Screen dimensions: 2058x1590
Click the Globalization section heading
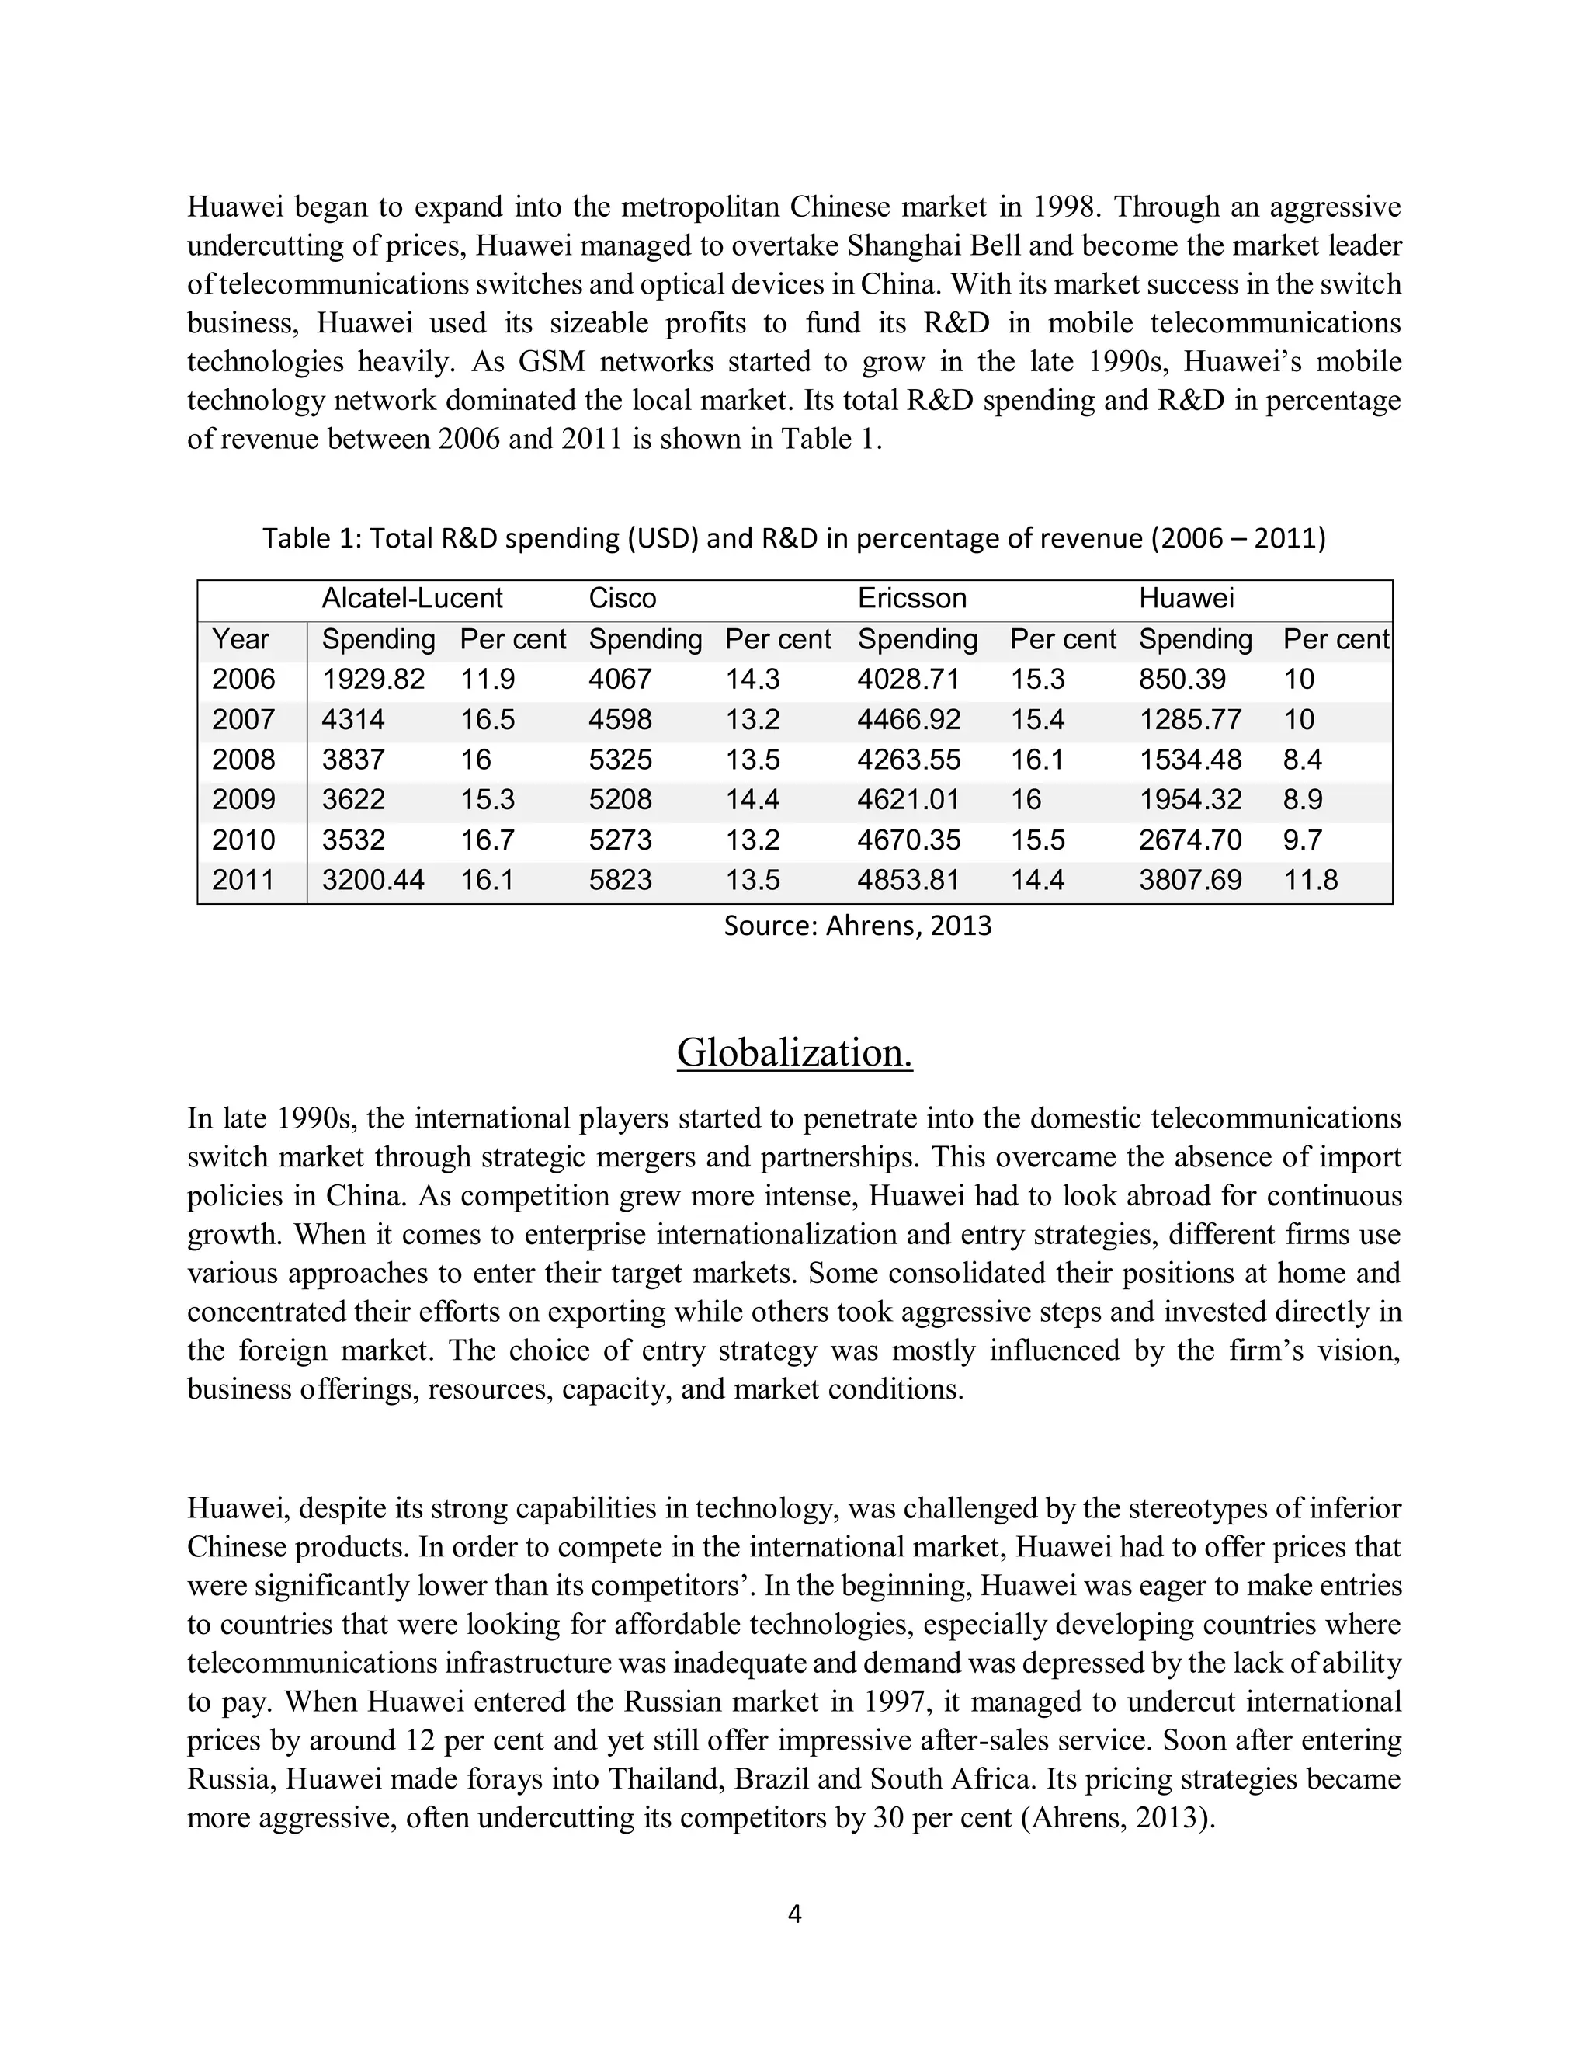click(x=794, y=1052)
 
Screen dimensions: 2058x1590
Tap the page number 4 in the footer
click(x=794, y=1914)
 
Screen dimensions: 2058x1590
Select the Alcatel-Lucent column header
click(x=411, y=598)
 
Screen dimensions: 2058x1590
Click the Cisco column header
click(x=622, y=598)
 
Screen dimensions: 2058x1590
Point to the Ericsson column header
click(x=911, y=598)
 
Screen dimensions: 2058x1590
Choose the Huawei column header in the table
click(x=1186, y=598)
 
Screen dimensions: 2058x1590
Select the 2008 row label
click(x=243, y=760)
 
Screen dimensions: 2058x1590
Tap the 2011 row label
click(x=243, y=880)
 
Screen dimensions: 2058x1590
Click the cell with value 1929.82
click(x=373, y=680)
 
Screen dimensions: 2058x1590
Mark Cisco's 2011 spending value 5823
click(x=620, y=880)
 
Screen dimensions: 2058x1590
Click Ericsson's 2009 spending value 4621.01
click(x=908, y=800)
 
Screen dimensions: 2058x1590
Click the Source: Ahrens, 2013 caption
click(x=857, y=926)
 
